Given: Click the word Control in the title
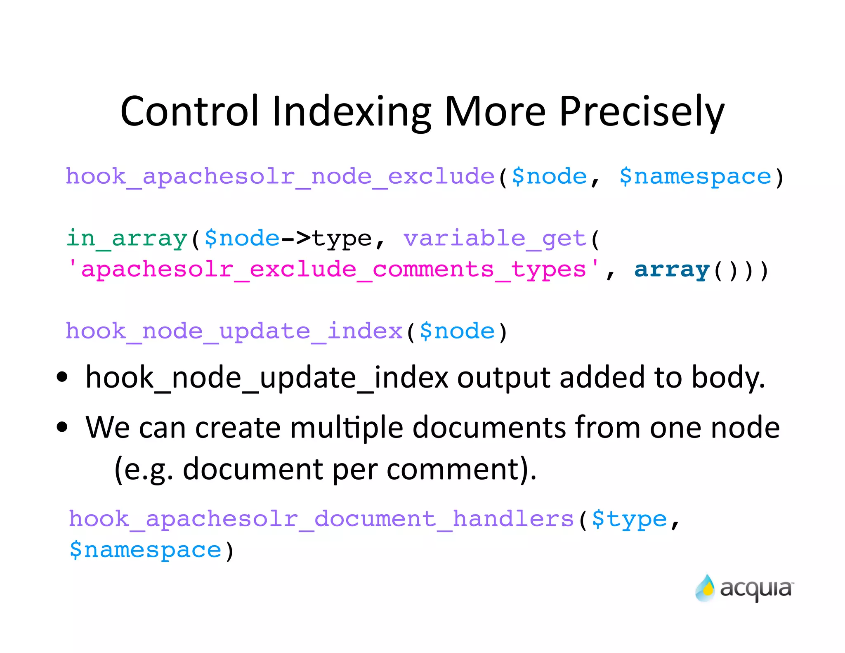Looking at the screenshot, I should [x=189, y=111].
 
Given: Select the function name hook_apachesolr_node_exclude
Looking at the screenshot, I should [x=280, y=177].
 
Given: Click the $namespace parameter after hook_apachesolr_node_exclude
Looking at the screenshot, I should [x=695, y=177].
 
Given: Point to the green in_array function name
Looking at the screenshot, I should [x=127, y=239].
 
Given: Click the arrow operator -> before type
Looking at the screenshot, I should [x=295, y=238].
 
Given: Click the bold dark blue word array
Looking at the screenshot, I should [x=672, y=270].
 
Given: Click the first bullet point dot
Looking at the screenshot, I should [x=62, y=377].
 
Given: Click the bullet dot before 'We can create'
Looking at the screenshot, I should [x=62, y=427].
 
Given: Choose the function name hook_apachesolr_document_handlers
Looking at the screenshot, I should [x=321, y=519].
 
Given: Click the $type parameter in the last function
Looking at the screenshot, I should [x=629, y=519].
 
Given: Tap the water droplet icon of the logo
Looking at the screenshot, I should [x=705, y=588].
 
